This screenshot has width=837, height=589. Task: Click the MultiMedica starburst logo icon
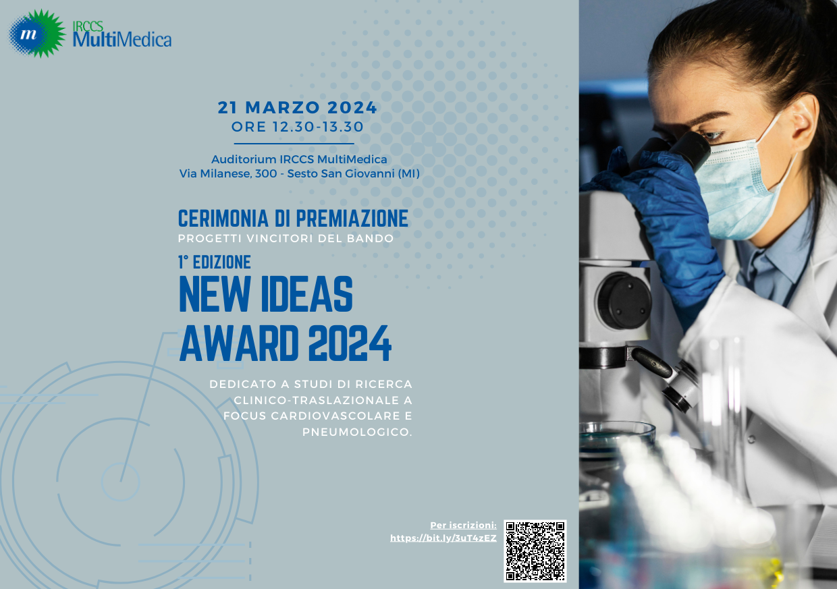tap(37, 34)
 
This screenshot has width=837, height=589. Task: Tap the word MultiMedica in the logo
tap(122, 40)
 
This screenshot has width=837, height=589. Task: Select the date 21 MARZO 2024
tap(298, 107)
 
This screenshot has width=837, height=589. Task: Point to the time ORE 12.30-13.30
tap(298, 127)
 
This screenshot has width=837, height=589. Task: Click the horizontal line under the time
tap(294, 144)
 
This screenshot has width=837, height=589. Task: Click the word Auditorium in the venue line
tap(244, 159)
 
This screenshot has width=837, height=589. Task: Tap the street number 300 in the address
tap(266, 173)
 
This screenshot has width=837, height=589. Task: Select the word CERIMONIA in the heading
tap(223, 219)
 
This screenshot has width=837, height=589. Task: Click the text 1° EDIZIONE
tap(215, 262)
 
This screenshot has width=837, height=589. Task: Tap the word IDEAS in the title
tap(306, 294)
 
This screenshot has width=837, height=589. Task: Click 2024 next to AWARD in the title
tap(350, 343)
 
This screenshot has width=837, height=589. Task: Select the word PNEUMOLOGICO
tap(357, 432)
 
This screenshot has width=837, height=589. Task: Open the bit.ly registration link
tap(443, 538)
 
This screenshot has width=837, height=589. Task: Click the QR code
tap(535, 551)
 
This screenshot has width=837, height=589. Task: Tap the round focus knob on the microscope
tap(625, 301)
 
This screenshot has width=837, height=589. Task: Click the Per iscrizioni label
tap(463, 525)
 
